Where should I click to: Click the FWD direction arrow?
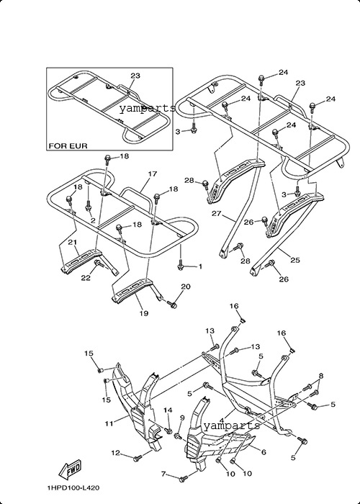70,469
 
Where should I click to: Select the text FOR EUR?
68,146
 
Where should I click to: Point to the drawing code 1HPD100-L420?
73,488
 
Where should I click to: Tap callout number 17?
153,174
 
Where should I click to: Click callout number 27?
217,213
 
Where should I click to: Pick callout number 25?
294,260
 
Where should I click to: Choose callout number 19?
144,312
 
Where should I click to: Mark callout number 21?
72,242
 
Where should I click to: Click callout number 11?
109,423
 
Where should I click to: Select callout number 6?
264,452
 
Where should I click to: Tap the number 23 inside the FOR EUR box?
135,76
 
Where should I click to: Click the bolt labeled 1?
180,266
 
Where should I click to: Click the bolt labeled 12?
138,458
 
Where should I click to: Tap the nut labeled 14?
168,431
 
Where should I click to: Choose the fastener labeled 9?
177,436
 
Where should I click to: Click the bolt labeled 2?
89,204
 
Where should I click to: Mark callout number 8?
321,376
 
